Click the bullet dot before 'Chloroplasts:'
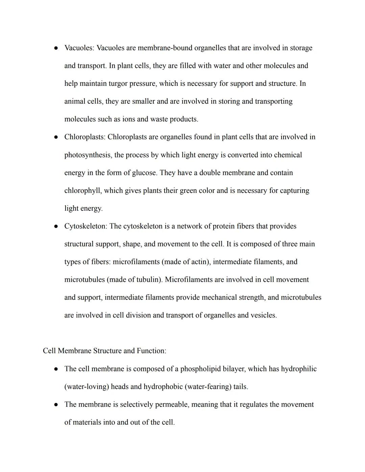(x=56, y=137)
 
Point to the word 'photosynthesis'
(x=88, y=155)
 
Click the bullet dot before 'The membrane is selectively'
(x=56, y=405)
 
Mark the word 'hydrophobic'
(x=163, y=387)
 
